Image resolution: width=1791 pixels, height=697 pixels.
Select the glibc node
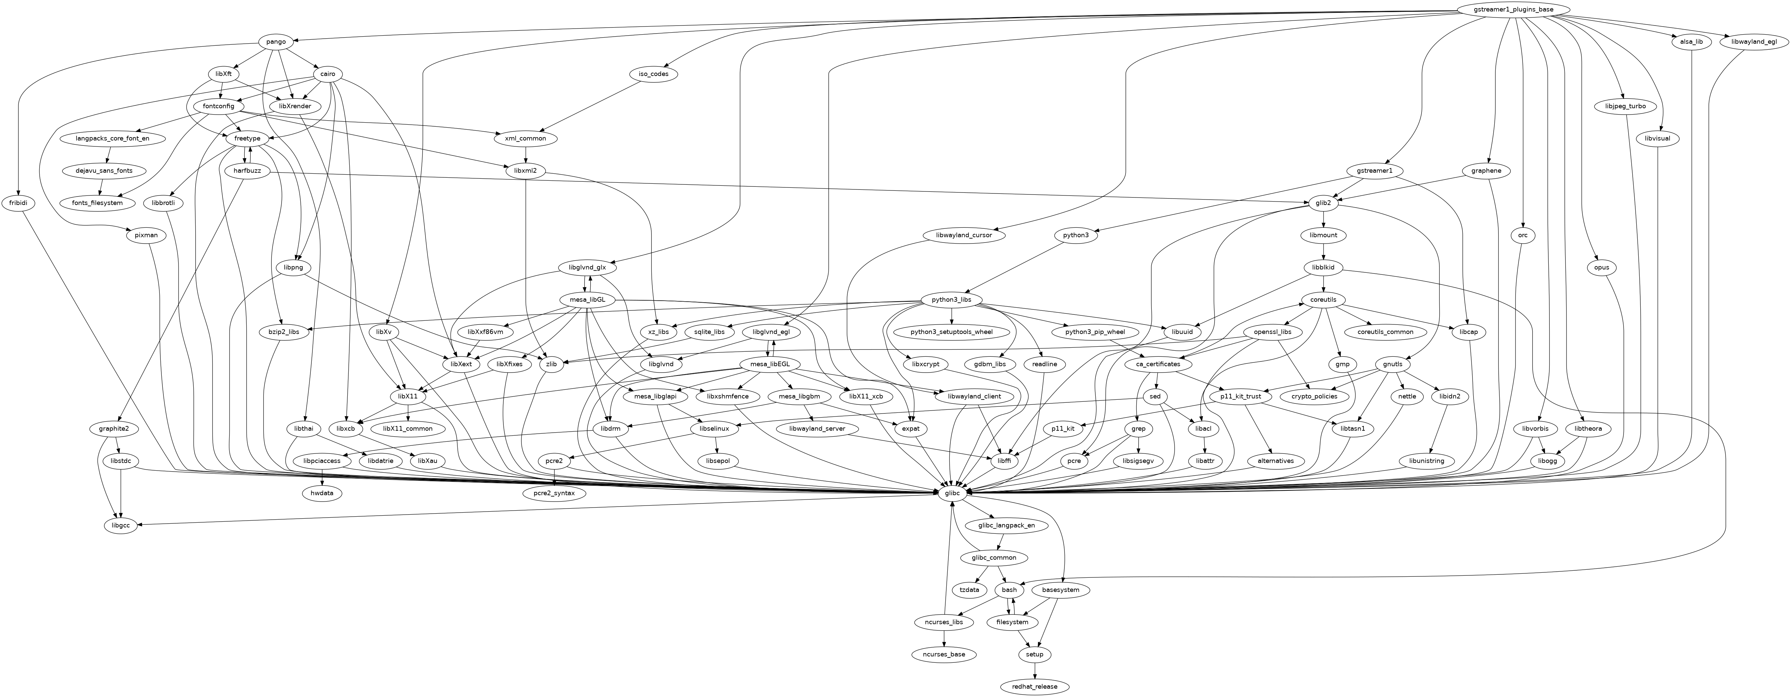tap(952, 493)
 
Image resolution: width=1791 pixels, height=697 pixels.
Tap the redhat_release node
tap(1035, 687)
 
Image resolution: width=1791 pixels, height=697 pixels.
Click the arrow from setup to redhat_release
tap(1035, 670)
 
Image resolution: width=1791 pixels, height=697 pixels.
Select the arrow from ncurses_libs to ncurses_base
tap(943, 638)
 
